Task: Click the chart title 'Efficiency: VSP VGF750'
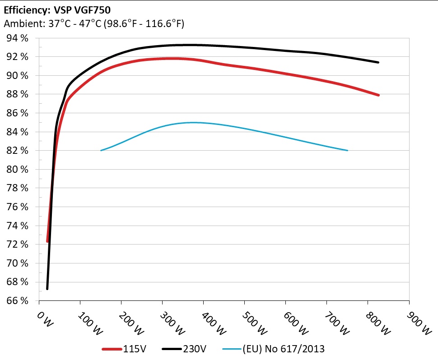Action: pos(57,9)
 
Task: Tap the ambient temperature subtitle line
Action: pos(93,23)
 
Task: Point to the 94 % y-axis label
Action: pos(17,38)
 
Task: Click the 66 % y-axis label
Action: pos(17,300)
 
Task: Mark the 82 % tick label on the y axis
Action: pos(17,151)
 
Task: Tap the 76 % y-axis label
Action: pos(17,207)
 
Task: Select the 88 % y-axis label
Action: pos(17,94)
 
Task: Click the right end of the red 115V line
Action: pos(378,95)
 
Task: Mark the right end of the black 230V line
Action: pos(378,62)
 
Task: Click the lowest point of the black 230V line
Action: pos(47,289)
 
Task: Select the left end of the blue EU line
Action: pos(101,150)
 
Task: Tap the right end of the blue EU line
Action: pos(347,150)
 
